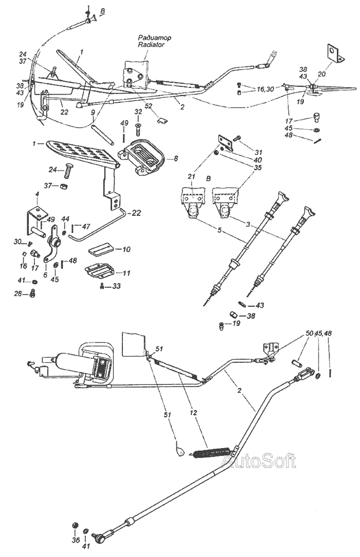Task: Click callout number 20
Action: pyautogui.click(x=321, y=73)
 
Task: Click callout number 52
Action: pyautogui.click(x=149, y=106)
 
